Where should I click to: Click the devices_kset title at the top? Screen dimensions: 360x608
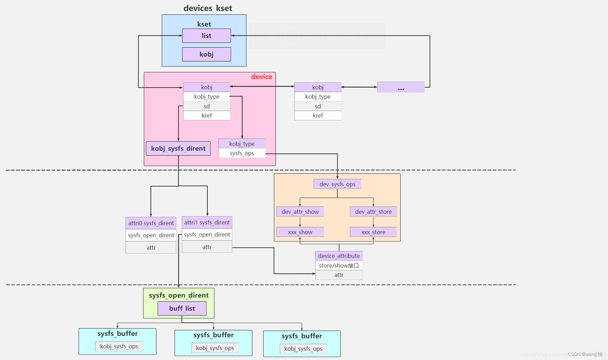[x=208, y=8]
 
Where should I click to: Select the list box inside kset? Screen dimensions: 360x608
[x=206, y=36]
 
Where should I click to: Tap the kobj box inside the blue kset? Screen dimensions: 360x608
[x=206, y=54]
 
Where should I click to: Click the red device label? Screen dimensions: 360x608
[x=262, y=77]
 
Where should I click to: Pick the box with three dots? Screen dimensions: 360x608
[x=401, y=88]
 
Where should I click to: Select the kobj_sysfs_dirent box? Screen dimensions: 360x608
[x=178, y=149]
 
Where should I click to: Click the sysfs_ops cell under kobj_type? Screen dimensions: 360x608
[x=242, y=153]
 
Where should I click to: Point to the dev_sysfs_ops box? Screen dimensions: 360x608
[x=337, y=184]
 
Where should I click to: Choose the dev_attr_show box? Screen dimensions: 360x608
[x=300, y=212]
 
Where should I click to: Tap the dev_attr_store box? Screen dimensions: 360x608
[x=373, y=212]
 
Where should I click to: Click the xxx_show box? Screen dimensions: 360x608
[x=300, y=232]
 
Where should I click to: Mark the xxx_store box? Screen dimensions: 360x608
[x=373, y=232]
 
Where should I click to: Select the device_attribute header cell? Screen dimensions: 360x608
[x=339, y=256]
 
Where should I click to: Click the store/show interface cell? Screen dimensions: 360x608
[x=339, y=266]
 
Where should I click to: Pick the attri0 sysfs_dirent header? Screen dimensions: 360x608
[x=151, y=223]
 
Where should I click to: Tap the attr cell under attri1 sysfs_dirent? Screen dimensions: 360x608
[x=207, y=247]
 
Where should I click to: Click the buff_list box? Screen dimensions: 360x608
[x=182, y=309]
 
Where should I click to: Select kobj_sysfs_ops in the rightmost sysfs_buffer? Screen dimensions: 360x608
[x=303, y=349]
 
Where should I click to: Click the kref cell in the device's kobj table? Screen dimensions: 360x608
[x=207, y=116]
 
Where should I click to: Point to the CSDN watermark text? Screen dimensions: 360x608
[x=585, y=354]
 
